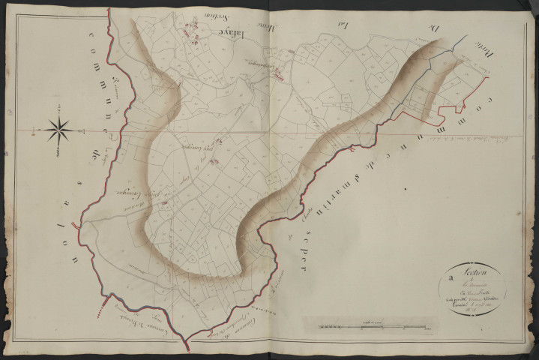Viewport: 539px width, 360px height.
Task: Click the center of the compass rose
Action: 58,130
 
